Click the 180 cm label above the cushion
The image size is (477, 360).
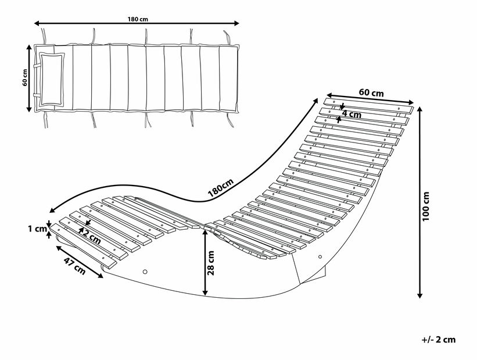click(138, 19)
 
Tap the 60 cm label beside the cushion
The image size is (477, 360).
click(25, 77)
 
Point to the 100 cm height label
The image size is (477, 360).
click(426, 205)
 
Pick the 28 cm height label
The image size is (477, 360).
click(211, 262)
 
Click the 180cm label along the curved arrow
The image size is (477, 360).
click(220, 186)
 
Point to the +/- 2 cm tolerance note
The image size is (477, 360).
click(439, 340)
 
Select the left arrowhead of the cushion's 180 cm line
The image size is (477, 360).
click(37, 23)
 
